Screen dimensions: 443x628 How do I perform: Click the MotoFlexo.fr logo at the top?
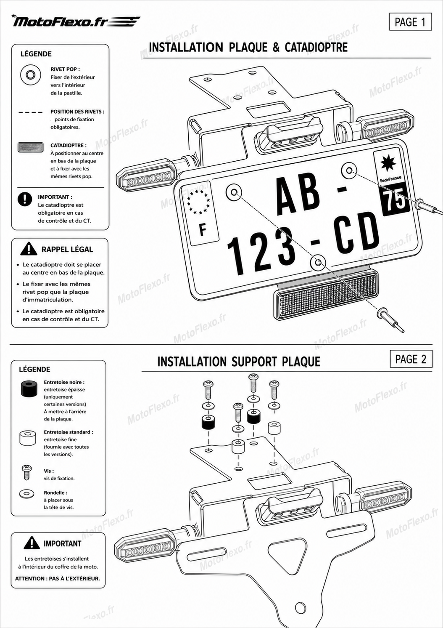76,21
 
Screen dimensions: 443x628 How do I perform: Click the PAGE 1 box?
410,22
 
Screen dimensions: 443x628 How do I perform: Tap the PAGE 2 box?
411,359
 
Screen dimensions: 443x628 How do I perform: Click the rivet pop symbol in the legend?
31,75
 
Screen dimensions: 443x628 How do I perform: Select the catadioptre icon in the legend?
31,147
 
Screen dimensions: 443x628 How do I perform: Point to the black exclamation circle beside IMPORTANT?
25,199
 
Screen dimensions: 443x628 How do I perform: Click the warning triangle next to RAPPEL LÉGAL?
29,249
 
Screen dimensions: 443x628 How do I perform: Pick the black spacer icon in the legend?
28,389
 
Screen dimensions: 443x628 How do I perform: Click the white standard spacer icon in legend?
28,438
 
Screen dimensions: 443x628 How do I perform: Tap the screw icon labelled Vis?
26,472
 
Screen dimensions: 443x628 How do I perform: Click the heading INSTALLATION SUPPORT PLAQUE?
239,362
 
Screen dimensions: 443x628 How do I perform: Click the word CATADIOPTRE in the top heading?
316,48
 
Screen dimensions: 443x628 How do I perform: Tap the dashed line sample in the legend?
31,113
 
